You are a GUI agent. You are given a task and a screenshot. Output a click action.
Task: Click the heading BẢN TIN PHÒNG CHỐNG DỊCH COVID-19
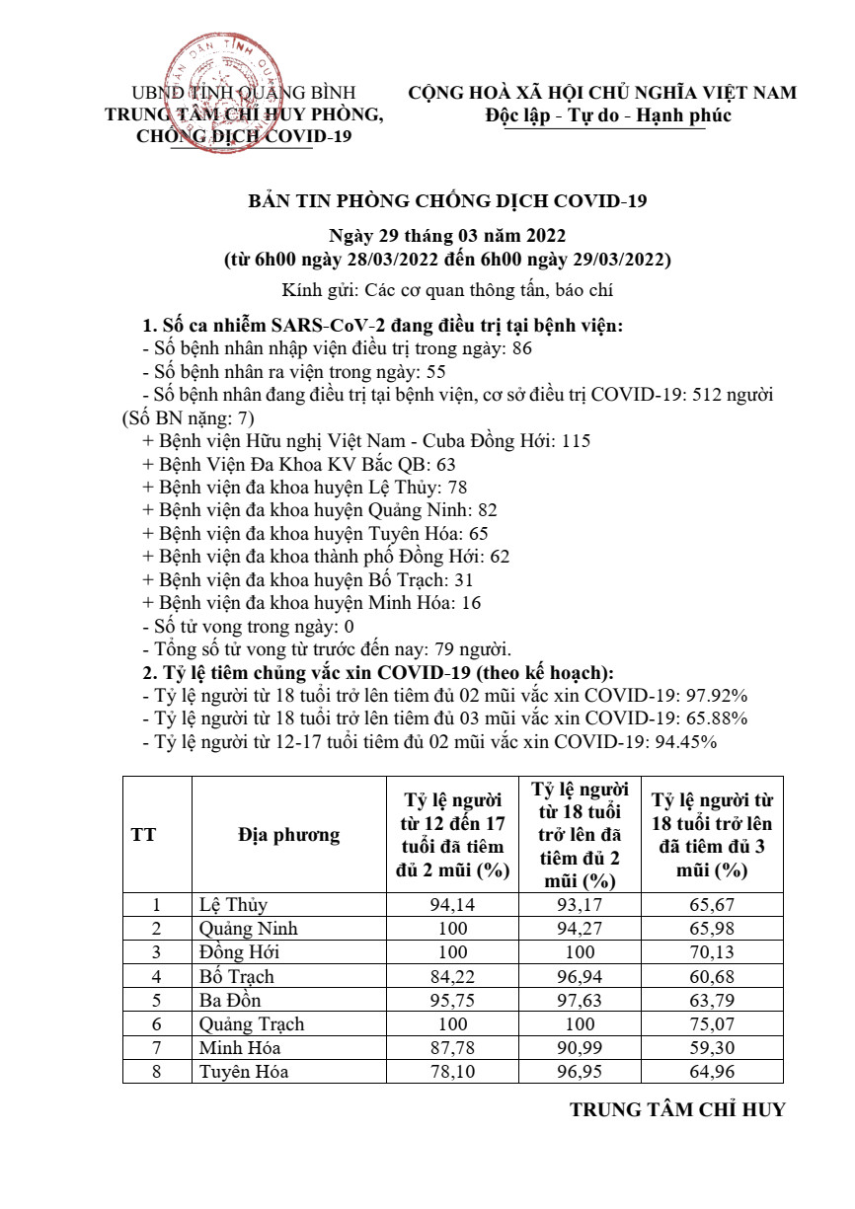(446, 201)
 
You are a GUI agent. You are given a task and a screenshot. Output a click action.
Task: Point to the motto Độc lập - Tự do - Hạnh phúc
(608, 115)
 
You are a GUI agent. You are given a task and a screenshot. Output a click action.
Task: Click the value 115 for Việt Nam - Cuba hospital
(575, 440)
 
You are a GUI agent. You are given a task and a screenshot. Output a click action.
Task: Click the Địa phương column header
(288, 835)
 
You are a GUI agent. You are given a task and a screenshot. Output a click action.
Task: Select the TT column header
(143, 835)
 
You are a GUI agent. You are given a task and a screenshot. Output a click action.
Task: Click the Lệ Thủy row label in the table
(233, 905)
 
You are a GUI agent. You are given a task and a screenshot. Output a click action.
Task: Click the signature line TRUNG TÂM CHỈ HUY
(677, 1109)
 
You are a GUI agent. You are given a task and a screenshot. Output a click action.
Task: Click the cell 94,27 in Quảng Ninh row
(583, 929)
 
